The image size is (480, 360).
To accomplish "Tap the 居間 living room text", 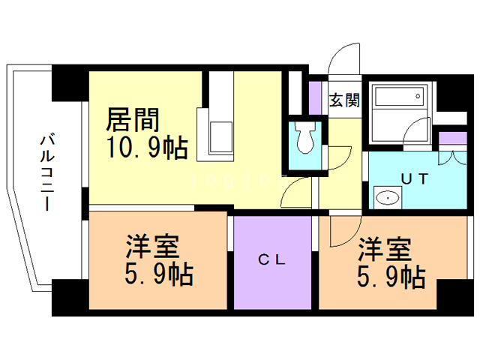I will [x=133, y=120].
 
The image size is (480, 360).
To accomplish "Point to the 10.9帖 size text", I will [x=146, y=147].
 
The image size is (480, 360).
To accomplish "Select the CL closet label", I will [x=271, y=260].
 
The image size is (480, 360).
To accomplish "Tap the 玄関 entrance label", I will [x=344, y=100].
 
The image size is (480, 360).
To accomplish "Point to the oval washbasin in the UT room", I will [x=387, y=199].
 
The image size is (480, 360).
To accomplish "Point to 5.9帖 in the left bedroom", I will [x=158, y=274].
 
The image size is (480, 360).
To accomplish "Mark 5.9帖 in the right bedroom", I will [x=390, y=277].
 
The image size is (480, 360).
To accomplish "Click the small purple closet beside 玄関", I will [x=316, y=95].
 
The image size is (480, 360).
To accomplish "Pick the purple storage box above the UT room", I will [x=452, y=139].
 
